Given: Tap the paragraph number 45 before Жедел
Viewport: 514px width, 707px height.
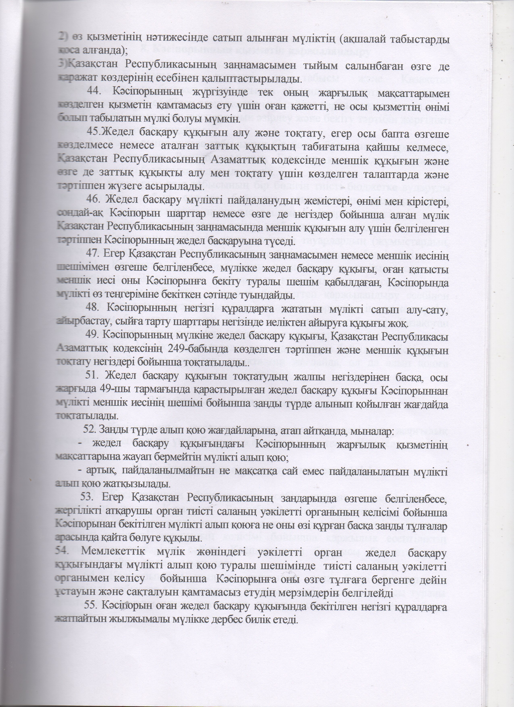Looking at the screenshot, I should click(x=93, y=134).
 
